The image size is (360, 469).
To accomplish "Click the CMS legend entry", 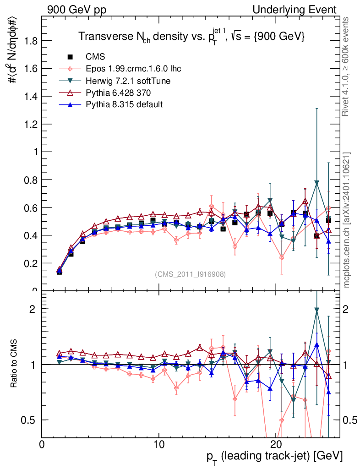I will (x=95, y=57).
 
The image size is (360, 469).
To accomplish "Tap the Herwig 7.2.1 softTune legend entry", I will (x=128, y=81).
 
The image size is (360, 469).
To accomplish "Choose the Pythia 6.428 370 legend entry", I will (x=122, y=93).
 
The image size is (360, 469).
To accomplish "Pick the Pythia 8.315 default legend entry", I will (x=124, y=104).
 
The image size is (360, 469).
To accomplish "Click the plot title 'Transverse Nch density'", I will (x=191, y=37).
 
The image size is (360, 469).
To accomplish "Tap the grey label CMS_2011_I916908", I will (x=190, y=274).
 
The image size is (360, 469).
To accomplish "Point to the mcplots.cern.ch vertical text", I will (x=347, y=220).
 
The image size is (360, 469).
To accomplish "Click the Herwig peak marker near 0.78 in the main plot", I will (x=316, y=183).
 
